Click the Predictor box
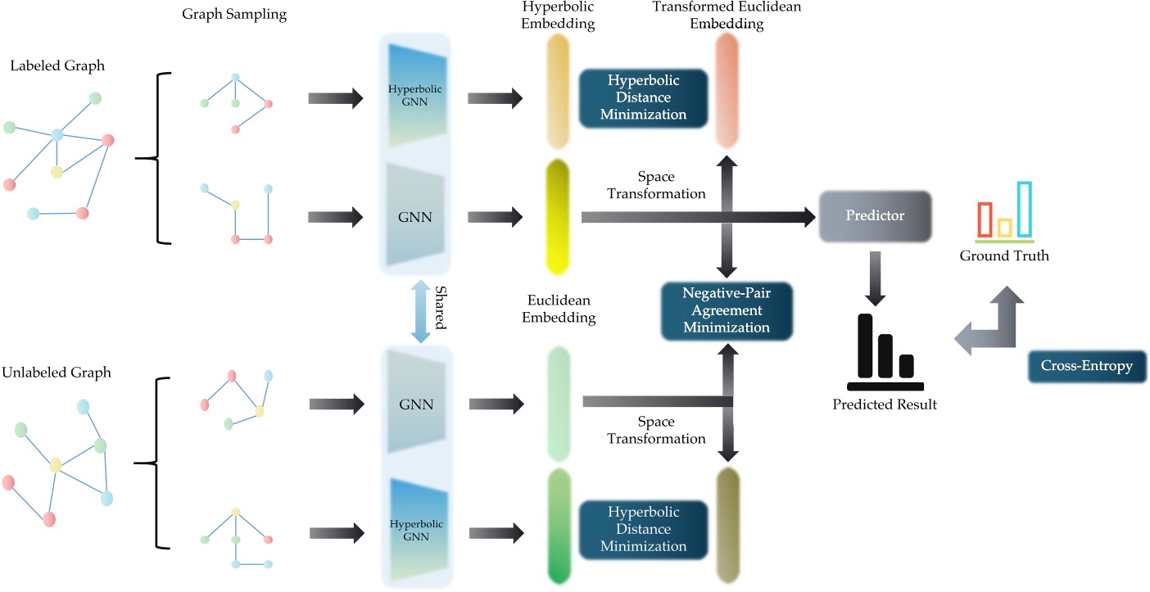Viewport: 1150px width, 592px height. coord(875,216)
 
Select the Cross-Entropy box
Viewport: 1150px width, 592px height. coord(1086,366)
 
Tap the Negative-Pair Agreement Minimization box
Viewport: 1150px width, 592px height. coord(728,310)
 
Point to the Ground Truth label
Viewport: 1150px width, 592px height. coord(1004,256)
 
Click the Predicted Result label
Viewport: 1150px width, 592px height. coord(885,404)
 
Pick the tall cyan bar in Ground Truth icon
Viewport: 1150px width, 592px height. coord(1024,209)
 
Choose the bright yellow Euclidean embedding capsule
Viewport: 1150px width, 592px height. coord(558,216)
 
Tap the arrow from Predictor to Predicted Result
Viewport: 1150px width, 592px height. coord(875,276)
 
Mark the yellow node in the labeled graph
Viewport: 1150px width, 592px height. coord(57,172)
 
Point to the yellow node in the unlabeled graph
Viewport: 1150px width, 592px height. coord(55,465)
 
